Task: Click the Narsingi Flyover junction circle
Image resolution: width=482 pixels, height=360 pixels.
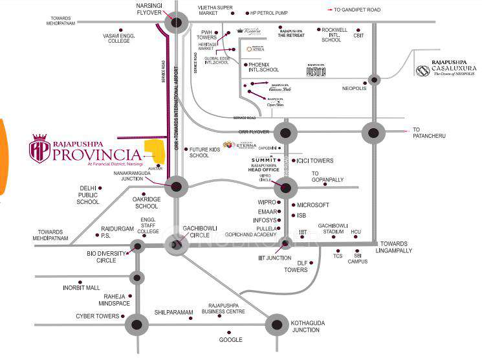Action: (176, 24)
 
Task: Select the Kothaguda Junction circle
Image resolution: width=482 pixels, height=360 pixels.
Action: (276, 324)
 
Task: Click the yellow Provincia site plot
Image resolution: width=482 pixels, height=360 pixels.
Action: (154, 153)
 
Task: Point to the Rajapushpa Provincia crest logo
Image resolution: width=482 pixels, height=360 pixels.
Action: (40, 149)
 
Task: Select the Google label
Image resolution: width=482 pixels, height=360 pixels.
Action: (230, 340)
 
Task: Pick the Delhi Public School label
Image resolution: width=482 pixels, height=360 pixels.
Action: (88, 195)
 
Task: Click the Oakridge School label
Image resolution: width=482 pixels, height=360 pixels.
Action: (145, 203)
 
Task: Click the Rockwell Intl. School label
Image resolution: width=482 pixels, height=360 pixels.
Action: (334, 34)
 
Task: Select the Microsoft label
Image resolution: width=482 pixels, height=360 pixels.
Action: (313, 205)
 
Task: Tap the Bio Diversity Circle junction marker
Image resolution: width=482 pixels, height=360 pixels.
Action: (137, 246)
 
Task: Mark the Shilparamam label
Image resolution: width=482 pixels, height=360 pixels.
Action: (174, 312)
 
